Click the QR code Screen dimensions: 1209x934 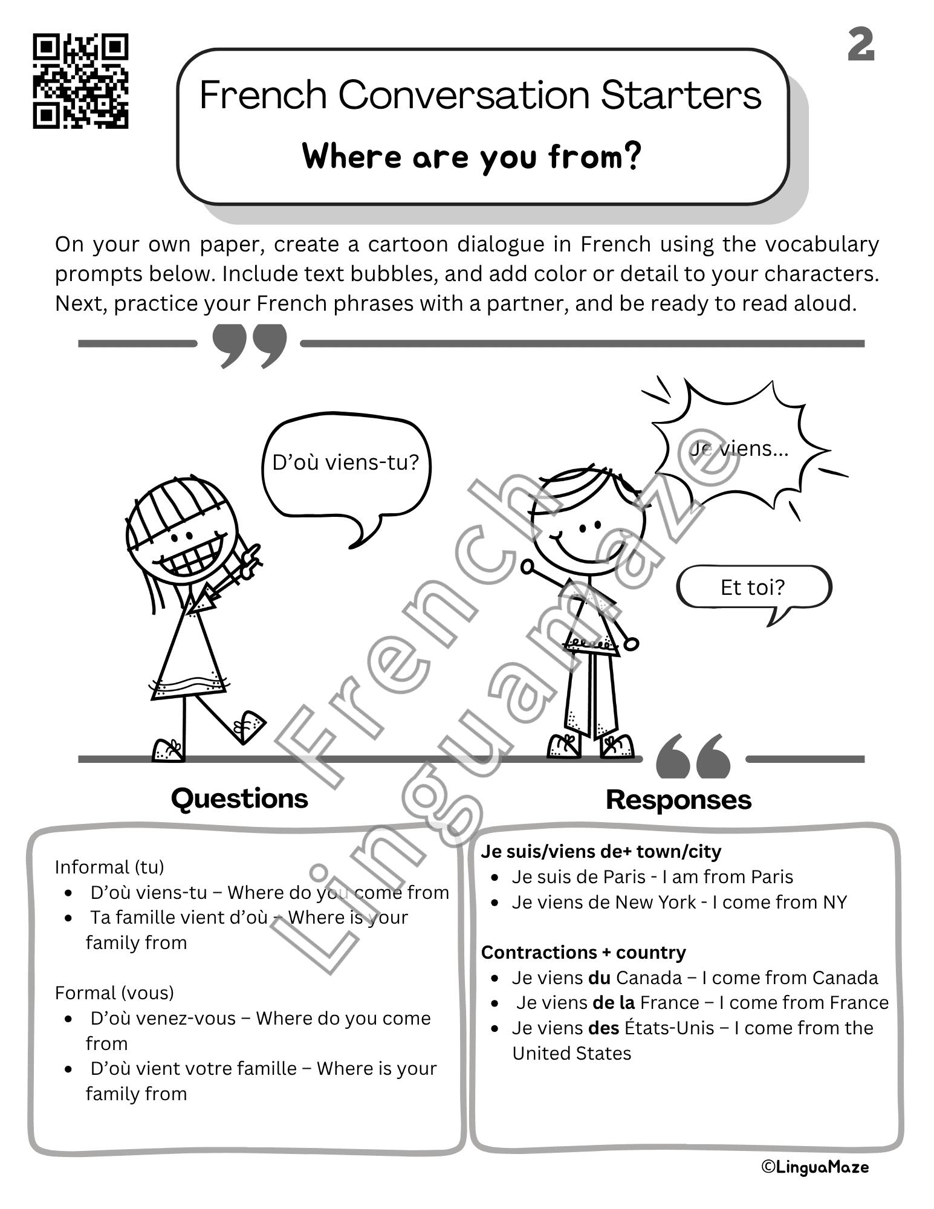[x=80, y=81]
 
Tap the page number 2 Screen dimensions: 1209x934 [x=861, y=45]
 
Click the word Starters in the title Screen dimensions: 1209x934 [x=681, y=95]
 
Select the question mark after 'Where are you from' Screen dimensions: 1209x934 [x=632, y=156]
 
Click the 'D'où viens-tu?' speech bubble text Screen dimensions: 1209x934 [x=345, y=462]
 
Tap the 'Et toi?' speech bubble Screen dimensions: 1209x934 [x=753, y=587]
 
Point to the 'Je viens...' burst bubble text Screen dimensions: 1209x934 [x=739, y=449]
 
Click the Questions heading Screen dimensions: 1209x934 [x=239, y=799]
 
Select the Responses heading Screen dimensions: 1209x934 [x=678, y=800]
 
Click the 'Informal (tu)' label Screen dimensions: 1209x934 [x=109, y=867]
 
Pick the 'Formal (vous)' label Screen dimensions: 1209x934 [x=114, y=993]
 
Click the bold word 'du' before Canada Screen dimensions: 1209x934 [x=599, y=977]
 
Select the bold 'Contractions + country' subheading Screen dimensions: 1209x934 [x=583, y=952]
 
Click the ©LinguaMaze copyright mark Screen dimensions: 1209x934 [x=814, y=1167]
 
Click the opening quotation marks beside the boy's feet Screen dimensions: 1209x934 [x=693, y=756]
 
